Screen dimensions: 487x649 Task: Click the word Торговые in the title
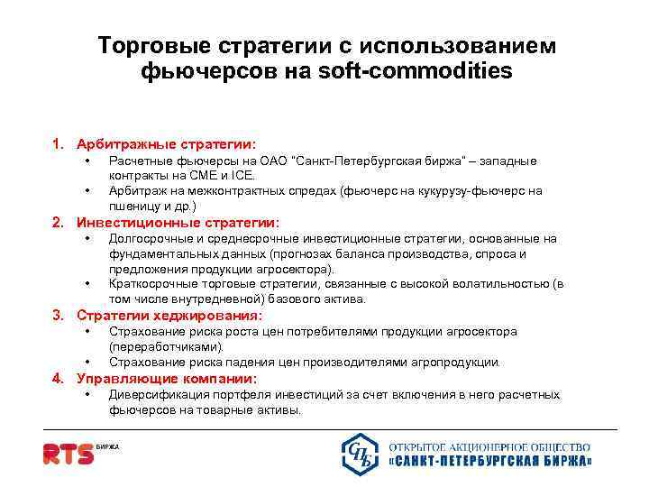153,45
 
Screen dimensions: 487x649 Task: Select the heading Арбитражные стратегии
167,143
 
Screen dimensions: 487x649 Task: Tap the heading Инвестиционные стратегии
178,222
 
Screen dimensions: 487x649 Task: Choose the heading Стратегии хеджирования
169,316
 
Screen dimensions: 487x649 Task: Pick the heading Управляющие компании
167,378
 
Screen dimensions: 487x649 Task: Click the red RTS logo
69,452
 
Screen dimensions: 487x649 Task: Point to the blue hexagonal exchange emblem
361,453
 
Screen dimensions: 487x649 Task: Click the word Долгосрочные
150,238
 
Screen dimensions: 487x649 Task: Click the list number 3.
57,316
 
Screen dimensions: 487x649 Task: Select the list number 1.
57,143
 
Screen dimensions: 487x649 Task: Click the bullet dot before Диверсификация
87,394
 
